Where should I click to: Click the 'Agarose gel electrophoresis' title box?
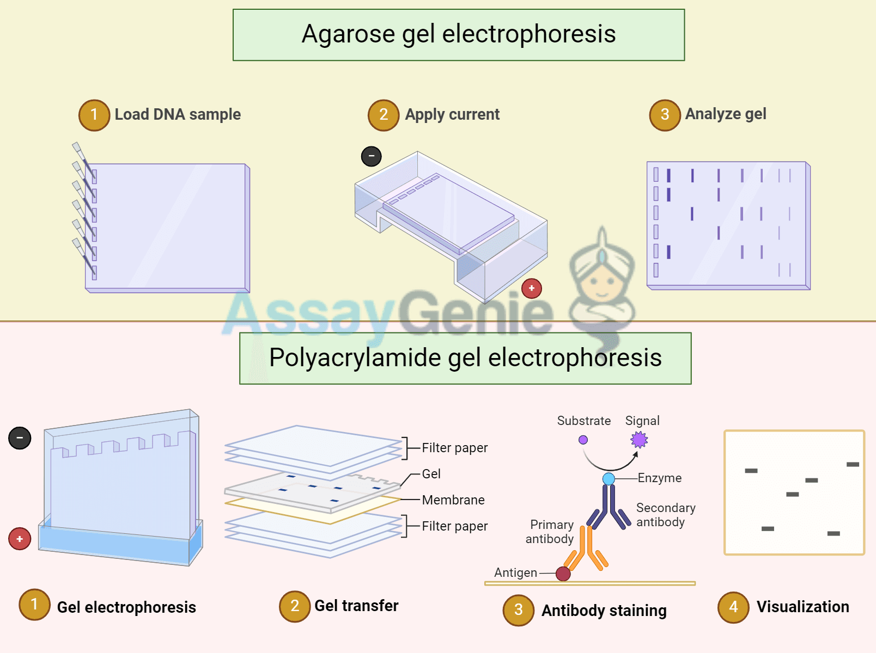click(459, 35)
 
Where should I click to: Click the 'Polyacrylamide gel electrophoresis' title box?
click(465, 358)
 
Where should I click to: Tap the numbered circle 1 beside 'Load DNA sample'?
click(94, 115)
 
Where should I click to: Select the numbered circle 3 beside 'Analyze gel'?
click(665, 115)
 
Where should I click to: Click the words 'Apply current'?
click(452, 115)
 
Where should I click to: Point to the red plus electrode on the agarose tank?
click(531, 288)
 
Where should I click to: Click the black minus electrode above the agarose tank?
click(372, 157)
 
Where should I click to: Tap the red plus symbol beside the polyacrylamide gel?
click(20, 539)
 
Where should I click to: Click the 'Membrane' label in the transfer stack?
click(453, 500)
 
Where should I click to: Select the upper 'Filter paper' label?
click(454, 448)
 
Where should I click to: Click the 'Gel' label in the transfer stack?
click(431, 474)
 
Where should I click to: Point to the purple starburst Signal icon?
click(639, 440)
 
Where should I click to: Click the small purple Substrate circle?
click(583, 440)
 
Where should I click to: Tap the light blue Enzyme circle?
click(609, 479)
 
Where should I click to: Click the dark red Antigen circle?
click(563, 574)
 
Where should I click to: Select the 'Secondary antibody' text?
click(665, 515)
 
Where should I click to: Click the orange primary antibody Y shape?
click(586, 550)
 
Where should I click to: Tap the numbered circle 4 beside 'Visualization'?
click(733, 607)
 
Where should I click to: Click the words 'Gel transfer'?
click(356, 606)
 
